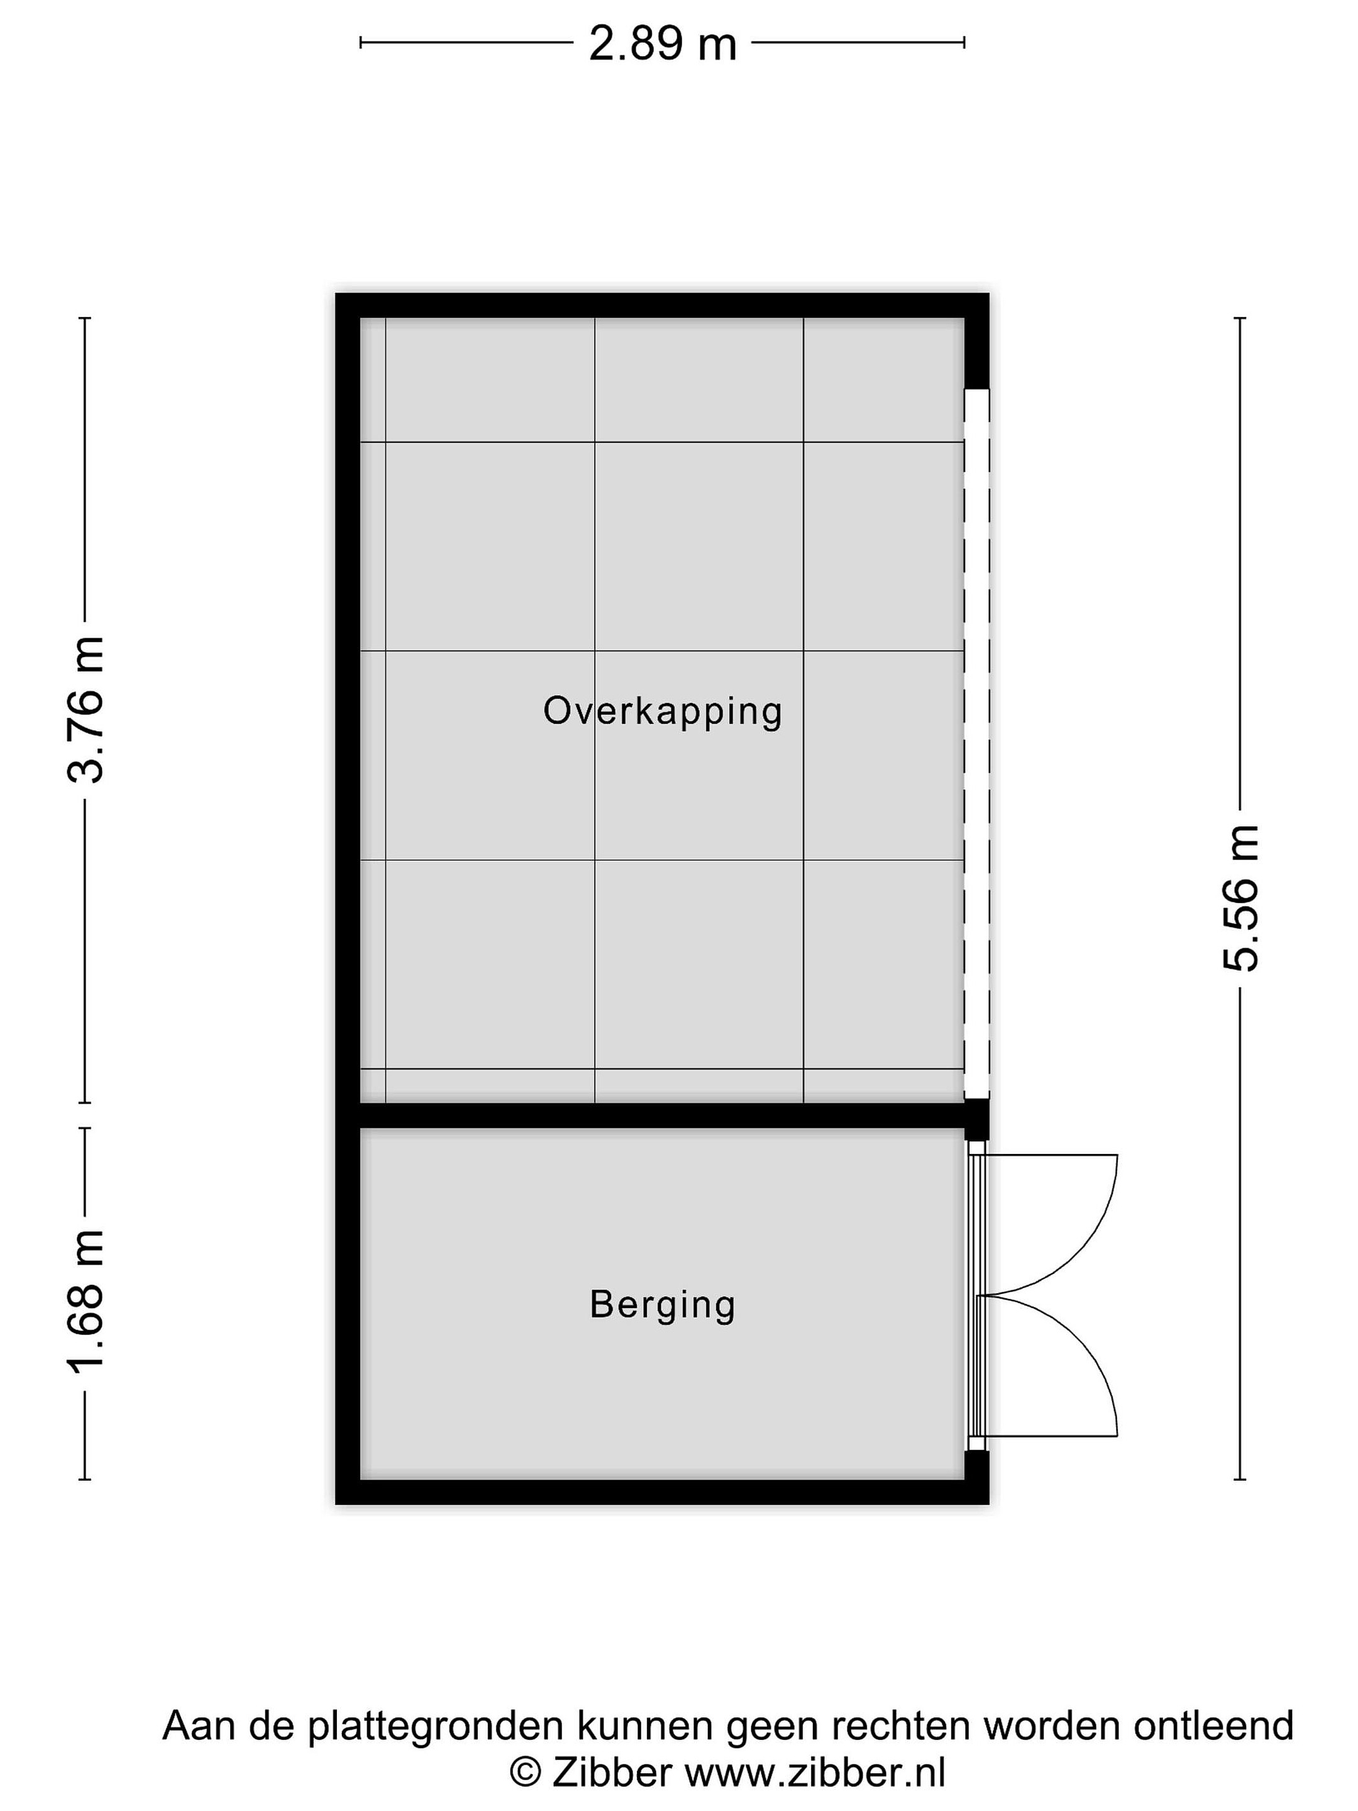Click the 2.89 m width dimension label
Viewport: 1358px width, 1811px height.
(662, 43)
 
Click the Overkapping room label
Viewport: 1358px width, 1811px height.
(662, 711)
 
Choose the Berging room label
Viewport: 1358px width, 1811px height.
(662, 1304)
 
